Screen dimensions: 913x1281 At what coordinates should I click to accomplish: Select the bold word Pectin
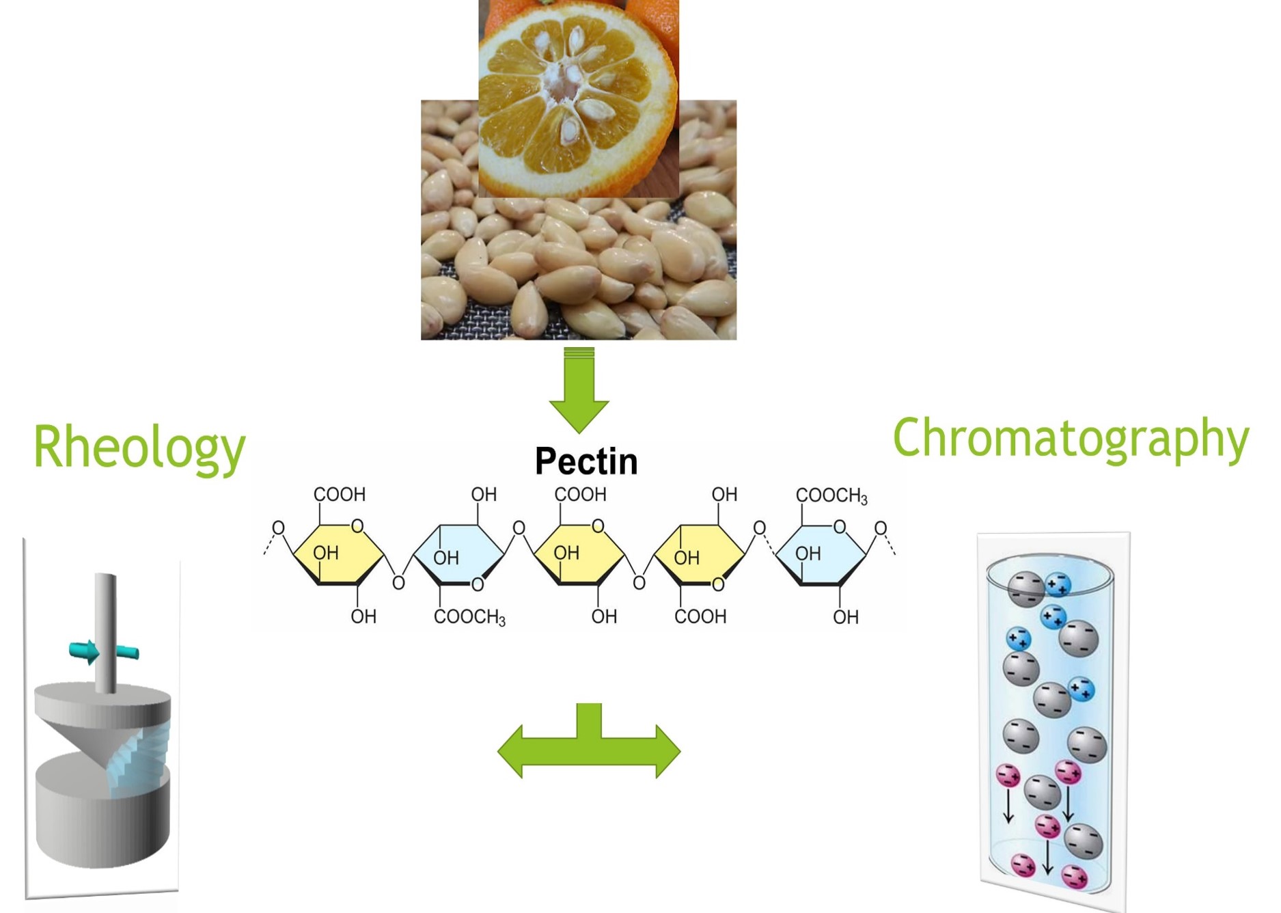[586, 461]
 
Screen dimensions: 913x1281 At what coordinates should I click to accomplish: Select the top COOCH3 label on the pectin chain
[831, 495]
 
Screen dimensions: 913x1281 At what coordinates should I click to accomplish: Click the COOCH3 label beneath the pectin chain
[469, 617]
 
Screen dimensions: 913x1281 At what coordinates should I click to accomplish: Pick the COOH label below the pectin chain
[700, 616]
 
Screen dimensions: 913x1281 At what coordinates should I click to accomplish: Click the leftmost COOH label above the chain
[339, 494]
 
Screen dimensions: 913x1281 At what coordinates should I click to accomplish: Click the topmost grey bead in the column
[1026, 588]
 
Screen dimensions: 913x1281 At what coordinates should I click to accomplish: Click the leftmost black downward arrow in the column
[1008, 806]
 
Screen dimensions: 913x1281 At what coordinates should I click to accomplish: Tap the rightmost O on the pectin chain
[881, 528]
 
